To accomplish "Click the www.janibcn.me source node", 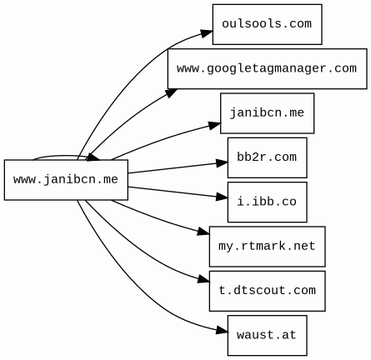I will tap(66, 179).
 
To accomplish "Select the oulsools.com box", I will tap(267, 24).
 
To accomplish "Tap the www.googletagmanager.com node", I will tap(267, 68).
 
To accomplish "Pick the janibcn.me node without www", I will tap(267, 112).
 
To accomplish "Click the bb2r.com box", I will tap(267, 157).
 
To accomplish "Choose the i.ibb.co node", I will tap(267, 202).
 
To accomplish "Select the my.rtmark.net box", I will tap(267, 246).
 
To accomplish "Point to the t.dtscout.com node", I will tap(267, 290).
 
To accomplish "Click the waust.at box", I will tap(267, 335).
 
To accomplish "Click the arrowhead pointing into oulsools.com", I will tap(205, 33).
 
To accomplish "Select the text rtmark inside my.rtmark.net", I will tap(267, 246).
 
